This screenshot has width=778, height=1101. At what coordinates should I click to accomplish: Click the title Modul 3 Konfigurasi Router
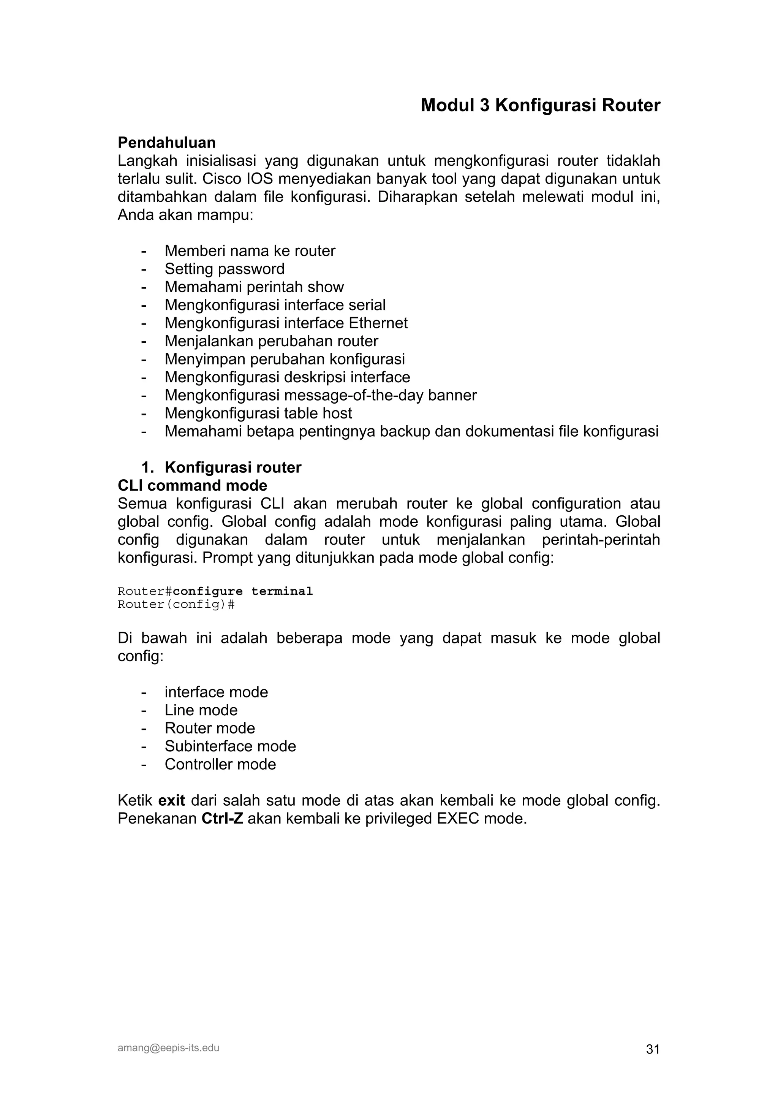[540, 106]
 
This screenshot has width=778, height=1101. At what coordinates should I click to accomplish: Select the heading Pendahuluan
[166, 143]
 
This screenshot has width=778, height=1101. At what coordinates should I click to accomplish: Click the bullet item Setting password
[225, 269]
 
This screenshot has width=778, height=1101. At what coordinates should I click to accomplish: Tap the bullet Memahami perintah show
[254, 287]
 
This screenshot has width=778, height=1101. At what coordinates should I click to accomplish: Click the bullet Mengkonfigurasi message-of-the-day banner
[320, 395]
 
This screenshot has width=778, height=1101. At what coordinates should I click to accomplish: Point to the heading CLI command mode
[192, 485]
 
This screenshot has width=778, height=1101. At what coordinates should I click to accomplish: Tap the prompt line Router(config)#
[176, 604]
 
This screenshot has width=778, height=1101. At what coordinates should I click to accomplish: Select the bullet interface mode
[216, 692]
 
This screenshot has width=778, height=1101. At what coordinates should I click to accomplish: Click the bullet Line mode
[201, 710]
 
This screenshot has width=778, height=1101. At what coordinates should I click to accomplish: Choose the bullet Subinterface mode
[230, 746]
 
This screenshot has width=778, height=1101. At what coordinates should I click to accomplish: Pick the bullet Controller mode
[220, 764]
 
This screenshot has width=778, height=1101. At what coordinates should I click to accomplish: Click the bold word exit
[172, 801]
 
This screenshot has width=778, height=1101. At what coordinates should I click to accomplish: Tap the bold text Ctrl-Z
[222, 819]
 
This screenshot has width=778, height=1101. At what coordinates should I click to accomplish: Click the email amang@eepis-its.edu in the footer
[168, 1048]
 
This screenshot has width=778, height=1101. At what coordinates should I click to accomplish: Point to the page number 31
[652, 1050]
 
